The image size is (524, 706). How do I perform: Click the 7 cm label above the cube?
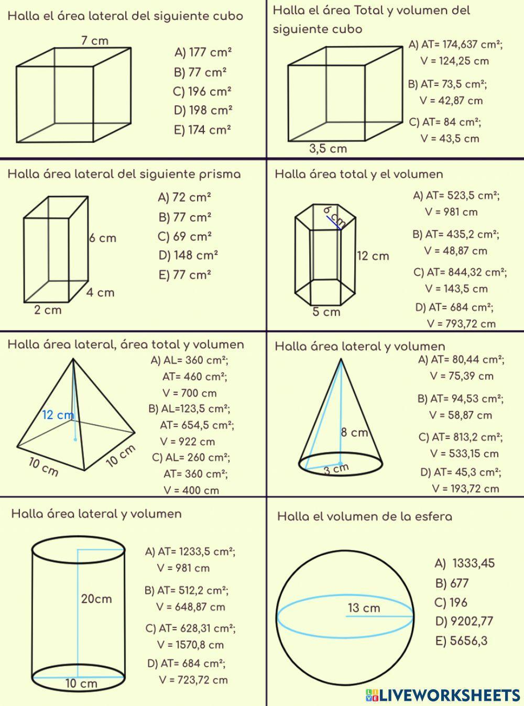pos(95,40)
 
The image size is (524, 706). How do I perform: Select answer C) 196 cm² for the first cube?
pos(202,92)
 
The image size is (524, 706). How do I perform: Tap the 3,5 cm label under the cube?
pos(328,149)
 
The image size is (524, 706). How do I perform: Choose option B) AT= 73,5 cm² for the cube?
pos(447,84)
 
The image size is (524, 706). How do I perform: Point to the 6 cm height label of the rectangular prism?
pos(103,238)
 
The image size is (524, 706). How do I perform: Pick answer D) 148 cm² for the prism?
pos(188,256)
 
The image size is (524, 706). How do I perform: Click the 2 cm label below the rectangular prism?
pos(48,310)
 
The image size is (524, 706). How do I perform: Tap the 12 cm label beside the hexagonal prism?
pos(373,256)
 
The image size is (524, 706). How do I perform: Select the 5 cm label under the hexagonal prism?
pos(326,312)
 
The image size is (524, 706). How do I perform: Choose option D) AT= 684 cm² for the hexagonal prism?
pos(454,307)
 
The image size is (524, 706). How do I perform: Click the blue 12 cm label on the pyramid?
pos(58,415)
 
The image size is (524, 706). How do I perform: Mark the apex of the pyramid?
pos(72,359)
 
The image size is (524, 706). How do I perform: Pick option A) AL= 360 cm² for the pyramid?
pos(190,361)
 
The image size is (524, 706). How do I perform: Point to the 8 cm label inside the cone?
pos(354,433)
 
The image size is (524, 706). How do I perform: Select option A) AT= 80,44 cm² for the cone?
pos(461,360)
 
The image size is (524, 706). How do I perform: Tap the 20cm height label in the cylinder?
pos(96,599)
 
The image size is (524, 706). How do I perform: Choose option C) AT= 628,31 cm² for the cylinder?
pos(190,628)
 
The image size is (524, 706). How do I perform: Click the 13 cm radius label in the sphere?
pos(364,608)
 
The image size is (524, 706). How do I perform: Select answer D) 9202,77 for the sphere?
pos(464,622)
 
